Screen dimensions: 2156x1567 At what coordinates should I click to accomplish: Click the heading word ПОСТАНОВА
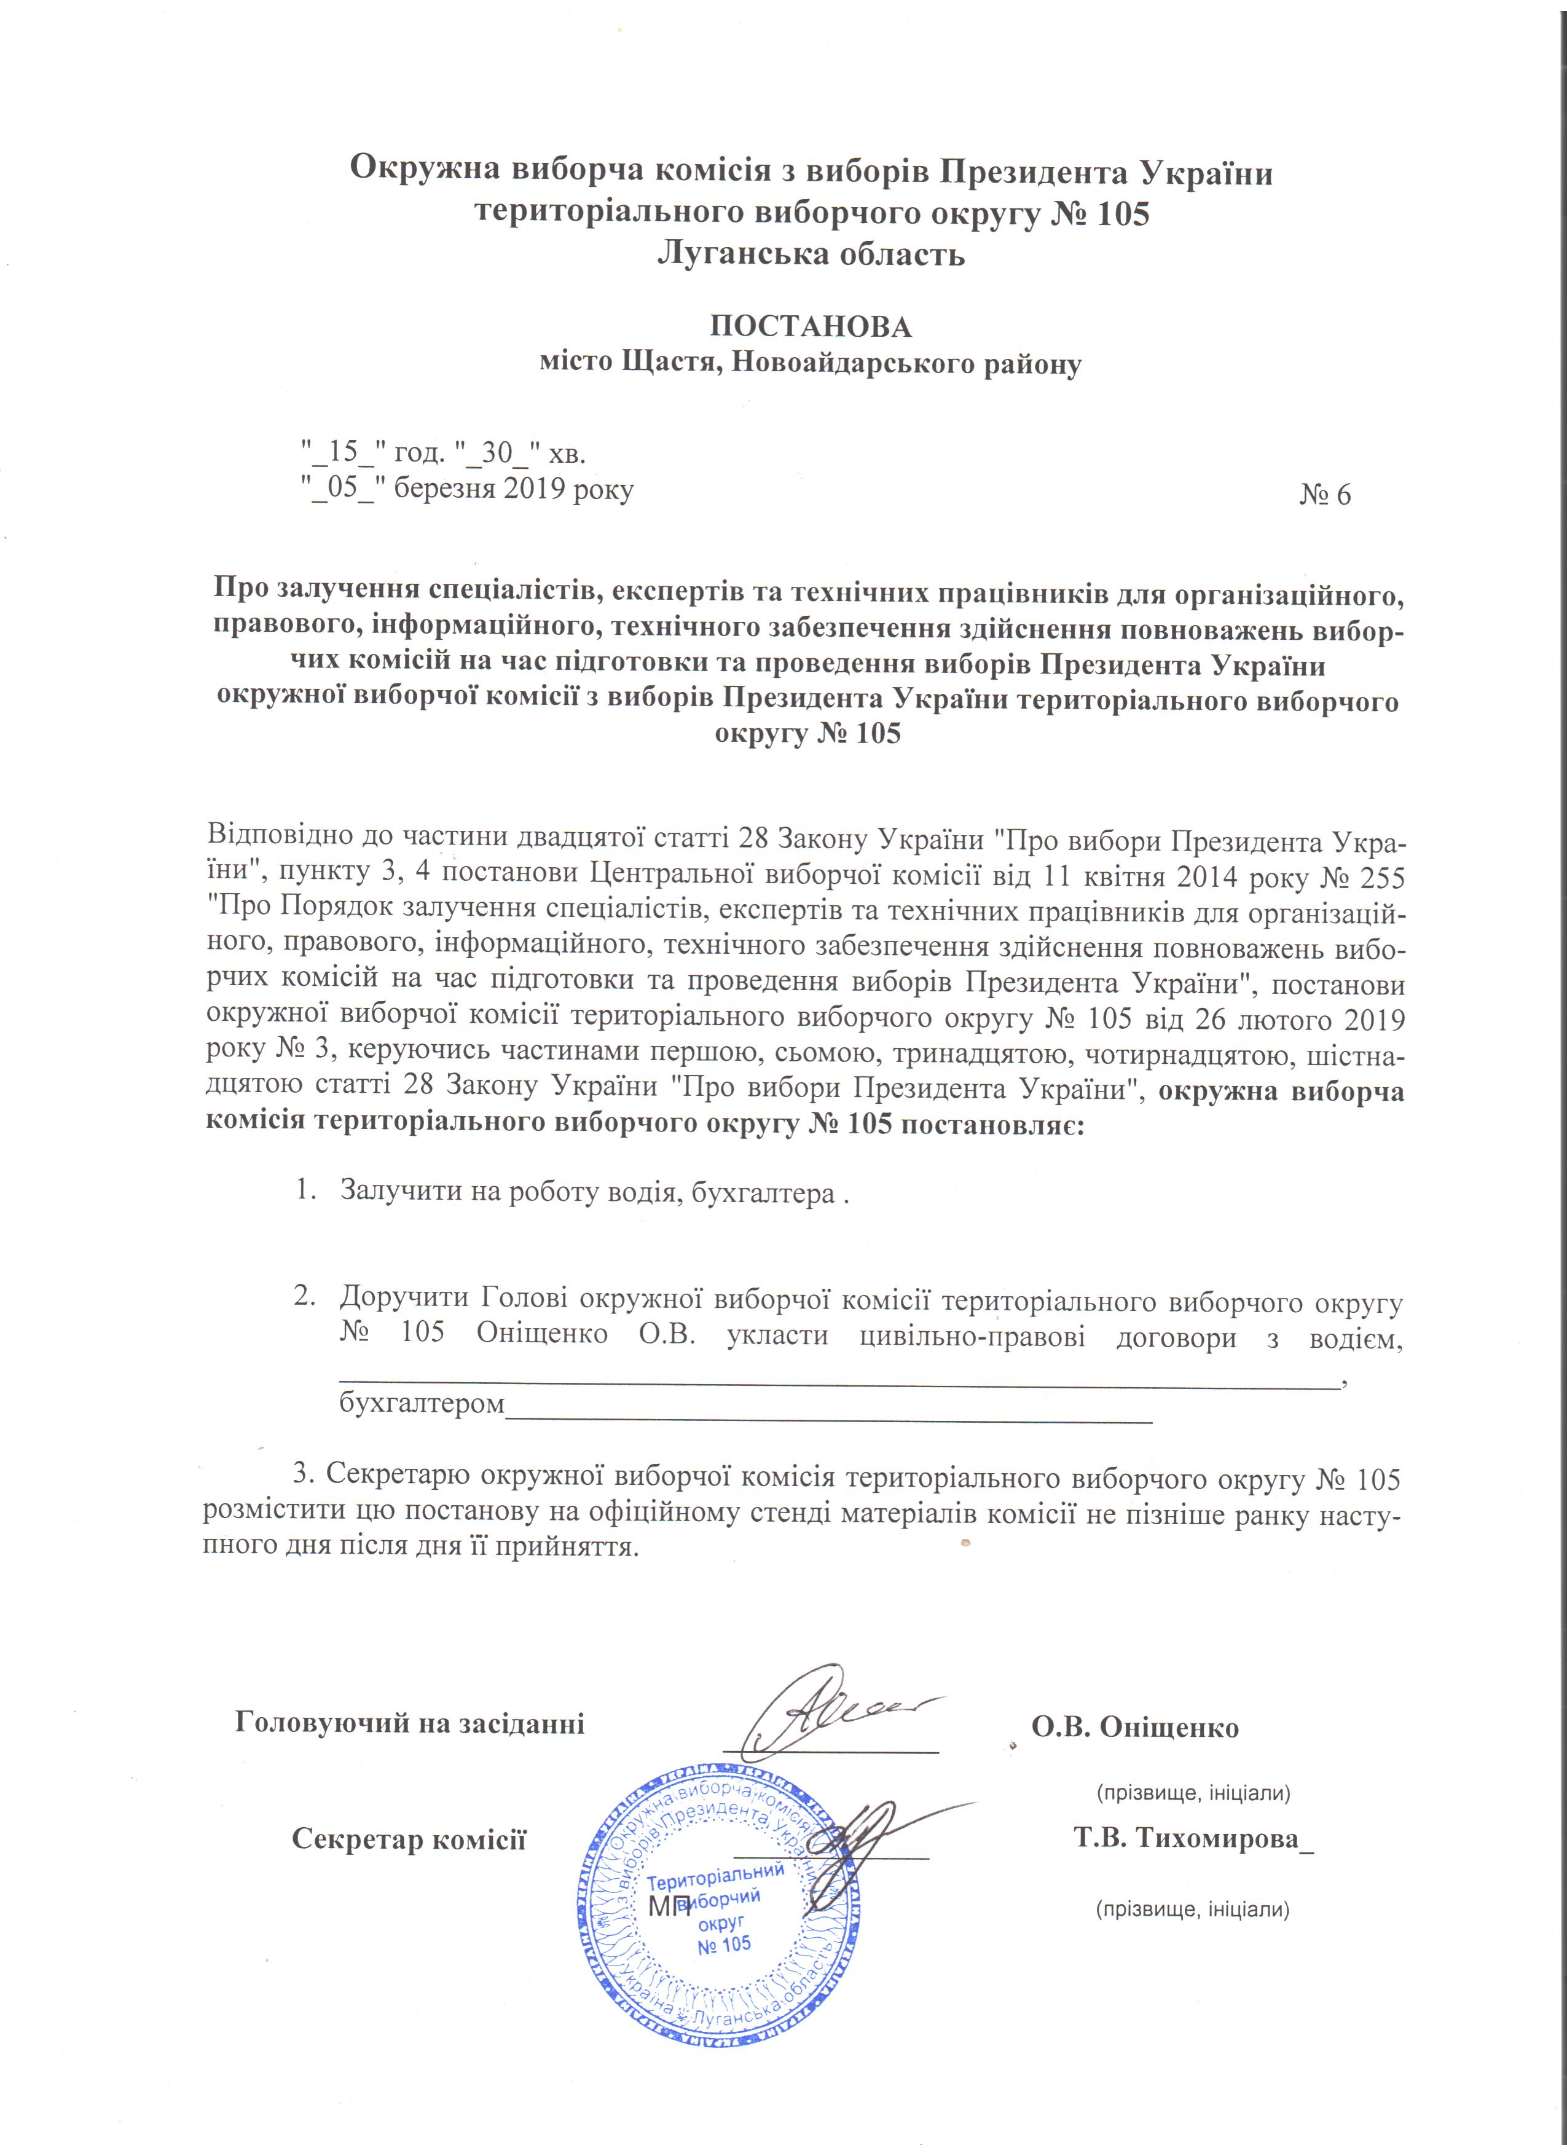click(811, 327)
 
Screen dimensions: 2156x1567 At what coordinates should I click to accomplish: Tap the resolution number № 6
click(1325, 494)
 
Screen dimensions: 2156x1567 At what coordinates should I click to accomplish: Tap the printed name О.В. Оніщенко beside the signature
click(1136, 1727)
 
